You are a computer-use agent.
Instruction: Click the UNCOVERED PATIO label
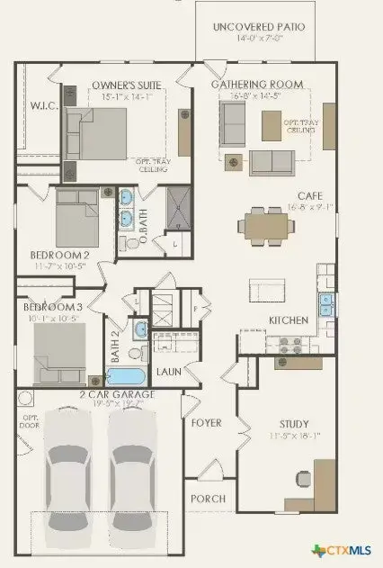click(258, 28)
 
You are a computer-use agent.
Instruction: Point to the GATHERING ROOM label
click(257, 85)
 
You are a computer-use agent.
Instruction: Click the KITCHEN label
click(289, 320)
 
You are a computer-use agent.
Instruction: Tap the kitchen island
click(268, 290)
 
